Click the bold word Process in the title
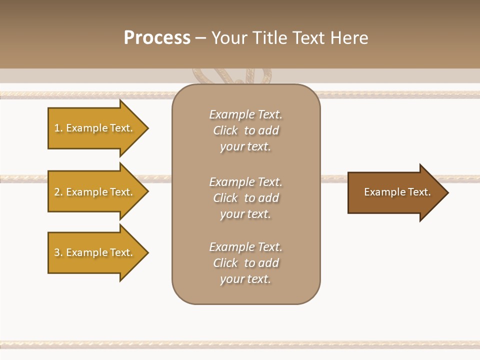pos(157,38)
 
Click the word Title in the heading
pos(270,38)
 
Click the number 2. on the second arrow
pos(58,192)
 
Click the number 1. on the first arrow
pos(58,128)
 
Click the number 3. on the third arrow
pos(58,252)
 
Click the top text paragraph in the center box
pos(245,130)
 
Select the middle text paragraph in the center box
pos(245,198)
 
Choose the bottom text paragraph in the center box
pos(245,263)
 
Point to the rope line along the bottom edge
pos(240,344)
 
